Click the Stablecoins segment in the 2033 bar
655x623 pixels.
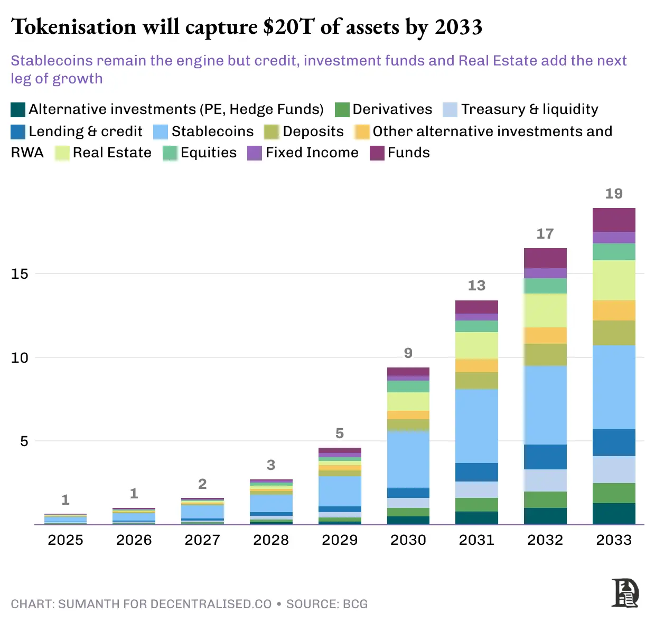[x=614, y=387]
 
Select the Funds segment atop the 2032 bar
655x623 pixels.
[x=545, y=258]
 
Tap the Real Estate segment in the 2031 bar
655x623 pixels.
[x=476, y=345]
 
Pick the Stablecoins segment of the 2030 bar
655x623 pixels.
[x=408, y=459]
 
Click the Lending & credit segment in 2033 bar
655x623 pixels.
[x=614, y=442]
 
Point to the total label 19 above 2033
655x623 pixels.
[x=614, y=194]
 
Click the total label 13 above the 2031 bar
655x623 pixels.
[x=476, y=286]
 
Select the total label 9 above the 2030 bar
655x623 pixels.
[x=408, y=353]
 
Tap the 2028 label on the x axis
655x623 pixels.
[x=271, y=540]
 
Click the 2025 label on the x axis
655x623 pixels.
[x=65, y=540]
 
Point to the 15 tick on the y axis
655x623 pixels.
[x=20, y=273]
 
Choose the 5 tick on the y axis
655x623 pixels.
[x=24, y=441]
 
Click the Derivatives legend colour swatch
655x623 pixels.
[x=342, y=110]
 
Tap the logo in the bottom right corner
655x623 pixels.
[x=625, y=593]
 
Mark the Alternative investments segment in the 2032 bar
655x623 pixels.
[x=545, y=516]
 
